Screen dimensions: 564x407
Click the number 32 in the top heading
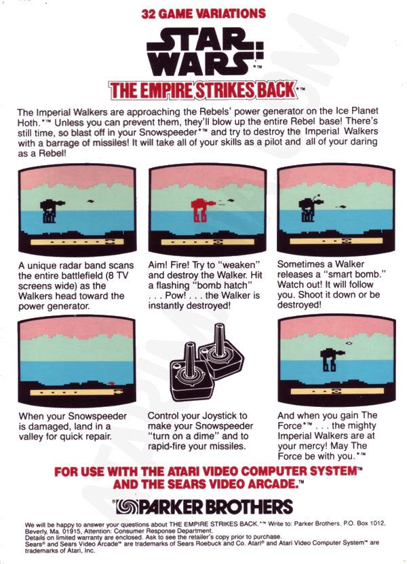click(x=149, y=14)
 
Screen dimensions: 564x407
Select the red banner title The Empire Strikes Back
click(x=202, y=90)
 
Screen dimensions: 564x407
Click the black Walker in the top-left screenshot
click(x=49, y=210)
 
